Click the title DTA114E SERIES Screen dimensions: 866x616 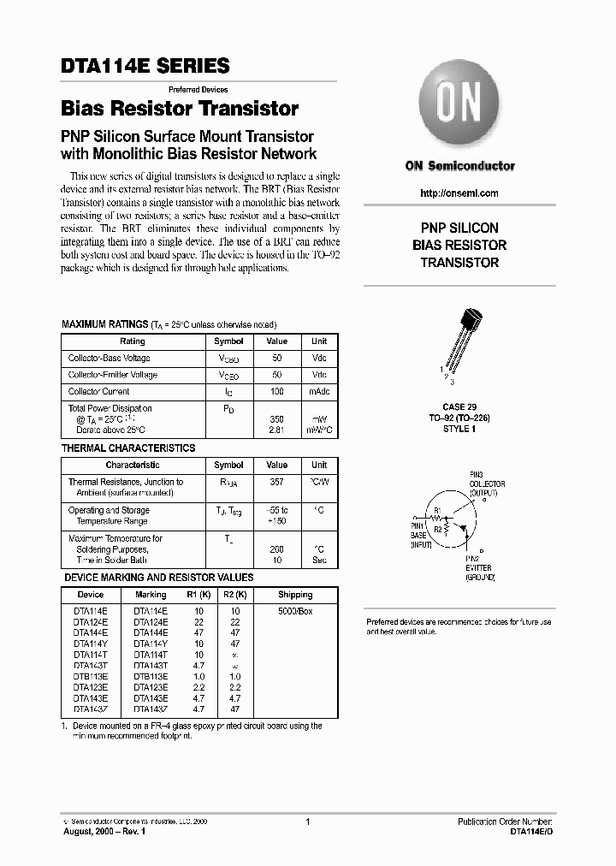point(145,66)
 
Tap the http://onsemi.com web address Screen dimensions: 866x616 point(459,193)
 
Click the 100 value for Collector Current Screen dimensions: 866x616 point(276,391)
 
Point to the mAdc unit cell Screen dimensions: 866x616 point(318,391)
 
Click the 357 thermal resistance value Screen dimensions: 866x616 point(276,483)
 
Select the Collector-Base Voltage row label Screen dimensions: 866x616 point(109,358)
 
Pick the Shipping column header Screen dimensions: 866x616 point(295,594)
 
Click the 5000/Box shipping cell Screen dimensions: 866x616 point(295,610)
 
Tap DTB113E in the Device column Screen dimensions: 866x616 point(90,676)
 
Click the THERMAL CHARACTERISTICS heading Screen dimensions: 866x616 point(128,448)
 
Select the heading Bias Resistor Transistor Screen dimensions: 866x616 point(180,109)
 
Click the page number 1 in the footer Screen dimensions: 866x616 point(307,822)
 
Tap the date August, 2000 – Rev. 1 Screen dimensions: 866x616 point(105,831)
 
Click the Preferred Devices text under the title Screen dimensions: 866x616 point(197,89)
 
